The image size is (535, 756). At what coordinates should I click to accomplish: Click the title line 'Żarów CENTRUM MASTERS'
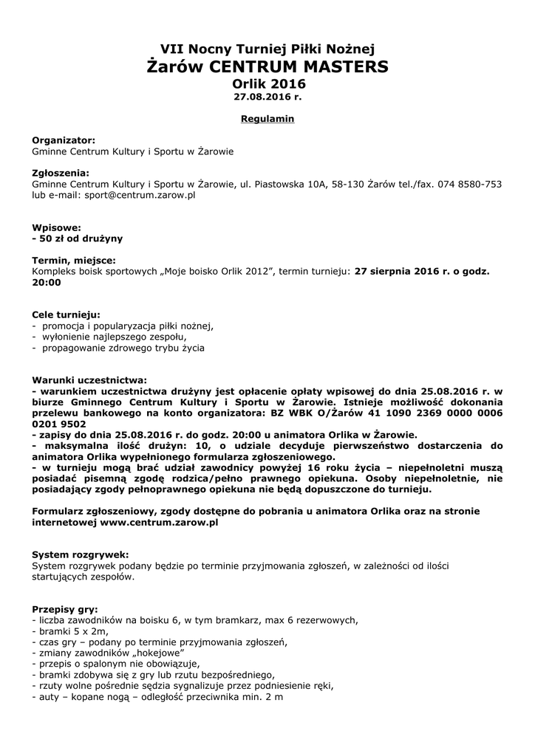coord(267,67)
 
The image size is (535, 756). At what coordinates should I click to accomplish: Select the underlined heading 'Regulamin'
coord(267,118)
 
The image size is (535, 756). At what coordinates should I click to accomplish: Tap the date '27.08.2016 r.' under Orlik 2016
coord(267,97)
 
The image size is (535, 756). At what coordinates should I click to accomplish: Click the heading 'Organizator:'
coord(64,139)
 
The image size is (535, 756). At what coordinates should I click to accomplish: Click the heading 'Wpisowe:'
coord(56,227)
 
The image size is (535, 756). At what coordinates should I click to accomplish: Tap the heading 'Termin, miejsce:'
coord(74,260)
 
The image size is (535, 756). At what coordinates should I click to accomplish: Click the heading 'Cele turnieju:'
coord(66,314)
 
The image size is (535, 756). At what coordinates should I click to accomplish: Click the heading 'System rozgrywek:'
coord(81,554)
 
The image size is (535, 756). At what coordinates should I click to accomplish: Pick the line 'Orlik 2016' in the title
coord(267,84)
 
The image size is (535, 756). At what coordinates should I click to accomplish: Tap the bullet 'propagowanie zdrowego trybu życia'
coord(123,347)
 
